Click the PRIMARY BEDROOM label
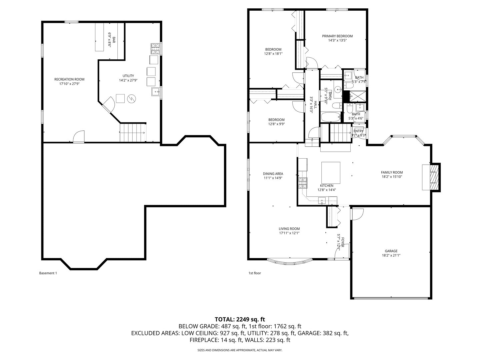(x=337, y=36)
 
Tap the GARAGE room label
(x=391, y=251)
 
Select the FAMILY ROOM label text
(x=392, y=172)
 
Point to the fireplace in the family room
(x=432, y=177)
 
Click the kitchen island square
(x=330, y=173)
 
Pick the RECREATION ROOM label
(x=69, y=79)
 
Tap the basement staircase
(x=133, y=132)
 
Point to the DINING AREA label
(x=273, y=174)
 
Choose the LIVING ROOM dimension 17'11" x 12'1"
(x=289, y=233)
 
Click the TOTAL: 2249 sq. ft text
(x=240, y=319)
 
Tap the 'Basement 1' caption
(x=48, y=273)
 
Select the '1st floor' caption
(x=255, y=273)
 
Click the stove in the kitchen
(x=303, y=182)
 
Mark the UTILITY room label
(x=128, y=76)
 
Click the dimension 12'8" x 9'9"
(x=277, y=124)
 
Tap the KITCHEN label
(x=326, y=186)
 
